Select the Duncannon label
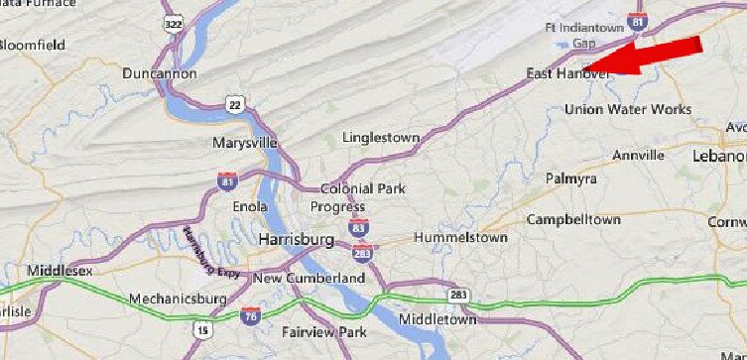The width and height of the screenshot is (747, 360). click(x=161, y=73)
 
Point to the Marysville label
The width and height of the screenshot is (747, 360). click(x=244, y=143)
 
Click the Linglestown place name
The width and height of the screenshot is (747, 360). click(x=380, y=137)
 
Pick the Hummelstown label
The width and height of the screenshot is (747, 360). click(x=459, y=238)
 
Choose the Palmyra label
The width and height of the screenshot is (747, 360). click(x=570, y=179)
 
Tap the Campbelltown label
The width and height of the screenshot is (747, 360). click(x=573, y=219)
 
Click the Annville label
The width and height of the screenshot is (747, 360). click(x=638, y=156)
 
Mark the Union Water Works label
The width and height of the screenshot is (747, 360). click(x=627, y=109)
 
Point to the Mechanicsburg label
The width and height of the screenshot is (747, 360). click(x=180, y=299)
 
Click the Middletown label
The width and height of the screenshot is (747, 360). click(x=437, y=319)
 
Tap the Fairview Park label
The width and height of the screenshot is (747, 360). click(x=324, y=331)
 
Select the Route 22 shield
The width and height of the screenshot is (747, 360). click(x=234, y=105)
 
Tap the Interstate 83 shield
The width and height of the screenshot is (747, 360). click(x=359, y=228)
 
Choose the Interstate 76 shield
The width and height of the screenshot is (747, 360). click(x=250, y=315)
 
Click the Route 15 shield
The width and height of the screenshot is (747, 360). click(x=202, y=328)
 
